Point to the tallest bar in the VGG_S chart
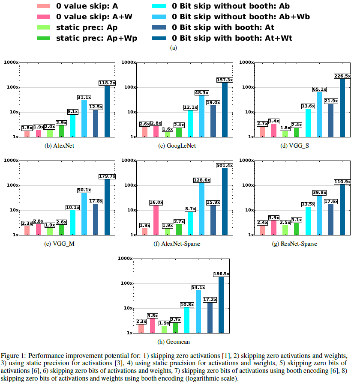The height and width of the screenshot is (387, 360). [x=342, y=107]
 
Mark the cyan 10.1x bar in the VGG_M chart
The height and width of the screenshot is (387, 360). [x=73, y=222]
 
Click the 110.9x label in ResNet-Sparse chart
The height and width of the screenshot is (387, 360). [x=342, y=182]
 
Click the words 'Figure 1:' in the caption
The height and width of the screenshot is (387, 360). [x=13, y=356]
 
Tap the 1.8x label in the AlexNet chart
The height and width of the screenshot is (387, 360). [x=27, y=128]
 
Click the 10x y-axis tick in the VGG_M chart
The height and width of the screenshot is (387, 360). [x=13, y=210]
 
